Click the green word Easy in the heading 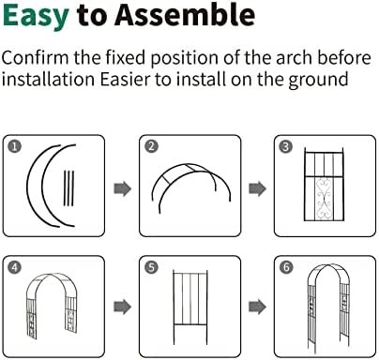coord(36,16)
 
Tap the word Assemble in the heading coord(185,14)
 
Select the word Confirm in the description coord(35,58)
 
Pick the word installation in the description coord(48,79)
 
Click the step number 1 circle coord(15,146)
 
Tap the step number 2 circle coord(152,146)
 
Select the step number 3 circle coord(286,146)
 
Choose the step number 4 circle coord(15,267)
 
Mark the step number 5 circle coord(152,267)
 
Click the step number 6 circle coord(286,267)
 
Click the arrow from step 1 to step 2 coord(122,188)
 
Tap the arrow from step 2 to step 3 coord(257,188)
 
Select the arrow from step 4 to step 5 coord(122,307)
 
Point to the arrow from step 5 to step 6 coord(257,307)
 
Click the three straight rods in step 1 coord(68,188)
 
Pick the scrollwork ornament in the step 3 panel coord(324,198)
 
